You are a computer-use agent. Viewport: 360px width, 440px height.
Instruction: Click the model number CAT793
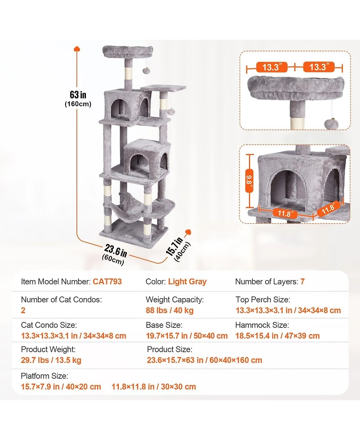(107, 282)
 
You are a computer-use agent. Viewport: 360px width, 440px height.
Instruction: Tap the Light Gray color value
(187, 282)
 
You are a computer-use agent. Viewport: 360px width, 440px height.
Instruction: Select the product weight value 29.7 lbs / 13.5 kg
(51, 360)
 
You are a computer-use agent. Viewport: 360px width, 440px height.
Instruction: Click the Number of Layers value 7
(302, 282)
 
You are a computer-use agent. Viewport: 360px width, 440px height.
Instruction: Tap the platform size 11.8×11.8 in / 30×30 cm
(154, 387)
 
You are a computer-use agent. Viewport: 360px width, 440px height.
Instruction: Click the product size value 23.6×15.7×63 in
(204, 360)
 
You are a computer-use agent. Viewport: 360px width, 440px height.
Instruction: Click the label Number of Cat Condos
(61, 299)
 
